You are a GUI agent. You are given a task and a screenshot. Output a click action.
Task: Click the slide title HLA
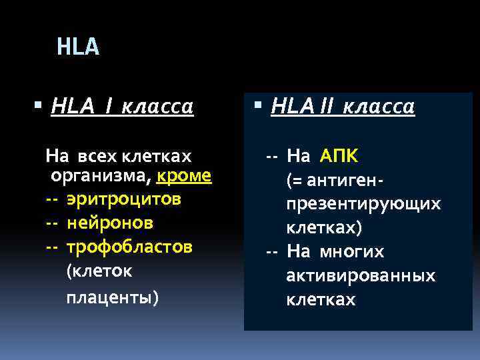(78, 47)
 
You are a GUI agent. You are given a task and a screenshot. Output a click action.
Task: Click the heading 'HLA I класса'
(122, 107)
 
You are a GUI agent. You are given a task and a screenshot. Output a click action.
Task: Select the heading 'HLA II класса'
(343, 107)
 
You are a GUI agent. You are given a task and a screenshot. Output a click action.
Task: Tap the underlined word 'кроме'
(185, 176)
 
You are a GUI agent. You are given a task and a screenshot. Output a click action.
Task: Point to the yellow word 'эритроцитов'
(124, 199)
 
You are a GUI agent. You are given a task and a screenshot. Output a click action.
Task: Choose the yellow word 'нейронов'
(110, 222)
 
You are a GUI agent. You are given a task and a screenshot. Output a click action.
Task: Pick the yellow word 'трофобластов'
(130, 246)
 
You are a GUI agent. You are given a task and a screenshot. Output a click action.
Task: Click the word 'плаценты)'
(113, 296)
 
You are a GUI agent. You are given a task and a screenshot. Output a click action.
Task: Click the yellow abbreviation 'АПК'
(339, 157)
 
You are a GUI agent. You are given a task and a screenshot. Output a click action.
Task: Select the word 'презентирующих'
(363, 204)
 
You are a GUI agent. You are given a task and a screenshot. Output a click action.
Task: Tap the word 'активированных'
(361, 275)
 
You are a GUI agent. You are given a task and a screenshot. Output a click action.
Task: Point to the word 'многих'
(361, 252)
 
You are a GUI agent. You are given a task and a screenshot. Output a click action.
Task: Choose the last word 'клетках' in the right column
(321, 299)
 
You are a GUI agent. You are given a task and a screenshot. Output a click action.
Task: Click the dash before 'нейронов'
(52, 222)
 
